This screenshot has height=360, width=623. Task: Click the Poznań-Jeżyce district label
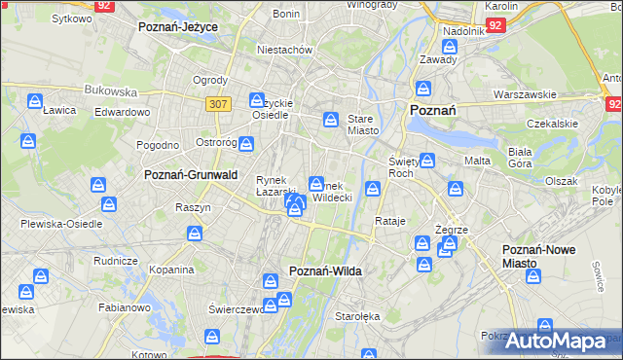[x=178, y=26]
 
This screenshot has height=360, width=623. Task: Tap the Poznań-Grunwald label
[x=191, y=175]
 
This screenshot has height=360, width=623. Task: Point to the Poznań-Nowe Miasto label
[x=538, y=256]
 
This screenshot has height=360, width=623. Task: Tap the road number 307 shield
[x=217, y=102]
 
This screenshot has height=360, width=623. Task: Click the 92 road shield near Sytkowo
[x=105, y=6]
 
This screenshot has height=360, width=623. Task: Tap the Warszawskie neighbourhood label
[x=525, y=94]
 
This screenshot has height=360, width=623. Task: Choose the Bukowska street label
[x=111, y=90]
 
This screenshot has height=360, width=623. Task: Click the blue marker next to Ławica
[x=34, y=100]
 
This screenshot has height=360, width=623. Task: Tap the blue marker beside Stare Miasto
[x=331, y=120]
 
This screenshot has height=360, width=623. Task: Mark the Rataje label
[x=389, y=221]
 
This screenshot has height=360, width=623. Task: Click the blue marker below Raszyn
[x=195, y=234]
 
